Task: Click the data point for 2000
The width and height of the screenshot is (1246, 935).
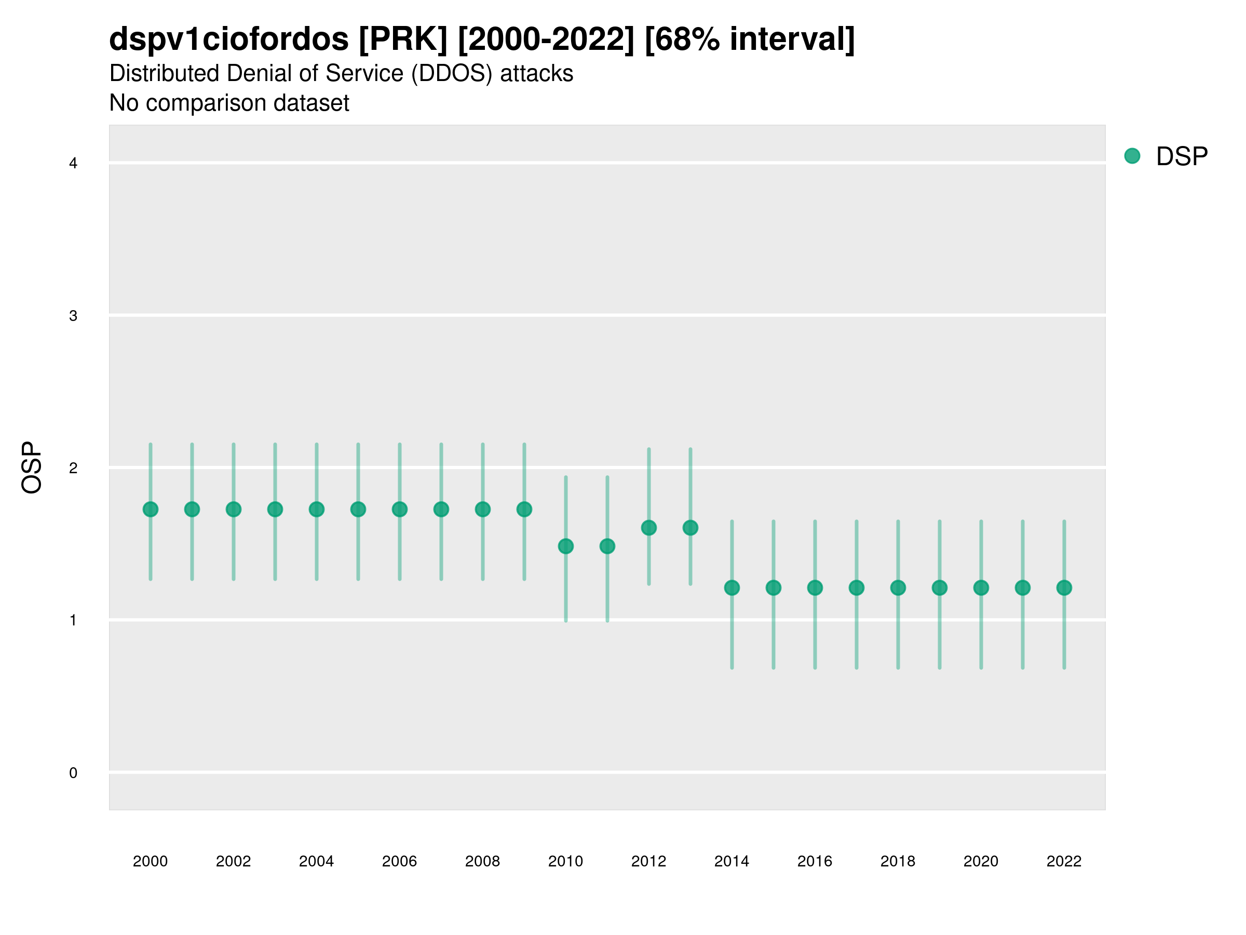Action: (151, 510)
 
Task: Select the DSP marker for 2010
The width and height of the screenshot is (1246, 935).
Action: (565, 546)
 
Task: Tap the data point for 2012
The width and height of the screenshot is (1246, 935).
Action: (649, 528)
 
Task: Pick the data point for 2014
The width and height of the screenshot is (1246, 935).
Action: (732, 588)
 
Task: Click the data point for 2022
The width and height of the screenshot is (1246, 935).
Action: (1064, 588)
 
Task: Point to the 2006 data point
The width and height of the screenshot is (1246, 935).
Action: (400, 510)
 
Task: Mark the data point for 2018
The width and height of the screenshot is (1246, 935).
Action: (898, 588)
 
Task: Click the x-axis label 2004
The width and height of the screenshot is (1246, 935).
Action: (317, 861)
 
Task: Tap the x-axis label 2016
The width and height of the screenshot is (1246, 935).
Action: (815, 861)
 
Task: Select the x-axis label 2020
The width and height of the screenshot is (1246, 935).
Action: (981, 861)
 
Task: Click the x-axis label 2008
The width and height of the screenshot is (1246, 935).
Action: (483, 861)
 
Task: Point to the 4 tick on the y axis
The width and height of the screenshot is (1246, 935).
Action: (73, 164)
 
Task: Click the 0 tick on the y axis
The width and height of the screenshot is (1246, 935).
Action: (73, 773)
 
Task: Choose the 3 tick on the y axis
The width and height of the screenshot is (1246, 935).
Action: (73, 316)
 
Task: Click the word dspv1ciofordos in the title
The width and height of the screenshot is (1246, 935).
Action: (229, 39)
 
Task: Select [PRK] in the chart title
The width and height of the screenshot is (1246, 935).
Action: (403, 39)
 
